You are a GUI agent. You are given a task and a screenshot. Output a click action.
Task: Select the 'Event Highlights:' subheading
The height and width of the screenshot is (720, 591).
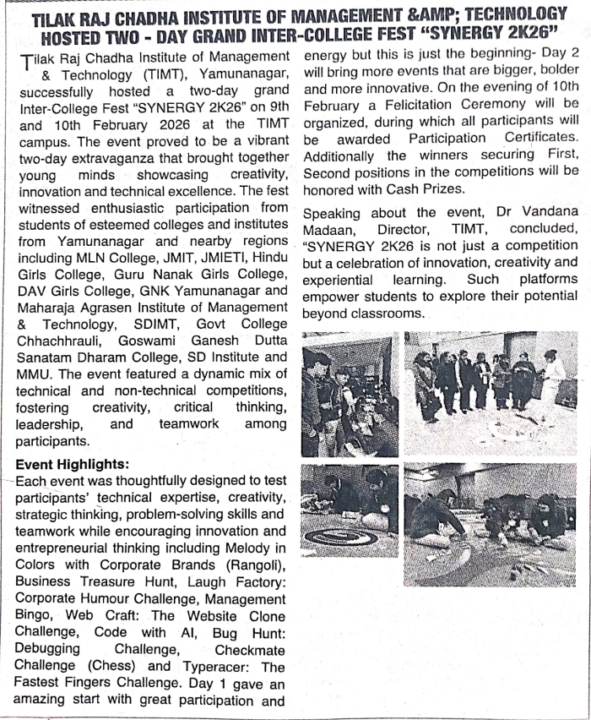(x=73, y=464)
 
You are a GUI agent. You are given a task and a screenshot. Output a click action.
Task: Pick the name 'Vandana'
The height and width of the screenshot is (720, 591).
(x=549, y=213)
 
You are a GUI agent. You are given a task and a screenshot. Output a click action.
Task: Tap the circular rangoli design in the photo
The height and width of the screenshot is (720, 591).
(x=341, y=537)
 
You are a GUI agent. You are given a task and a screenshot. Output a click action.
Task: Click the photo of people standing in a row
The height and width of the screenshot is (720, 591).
(x=491, y=390)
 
